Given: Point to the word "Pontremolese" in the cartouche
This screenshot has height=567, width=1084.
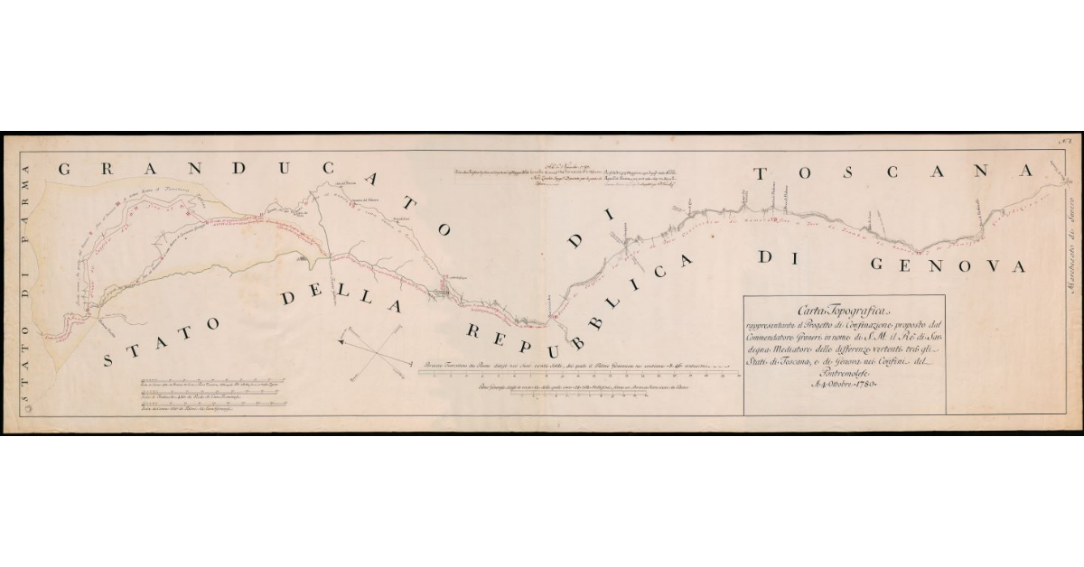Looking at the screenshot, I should point(844,372).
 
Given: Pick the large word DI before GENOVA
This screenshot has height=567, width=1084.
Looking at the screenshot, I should point(776,258).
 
